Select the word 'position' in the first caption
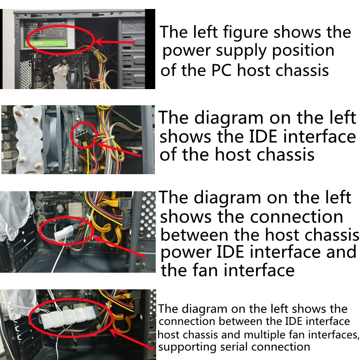(x=303, y=51)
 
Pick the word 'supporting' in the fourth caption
(x=187, y=347)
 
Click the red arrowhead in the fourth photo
(x=116, y=333)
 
